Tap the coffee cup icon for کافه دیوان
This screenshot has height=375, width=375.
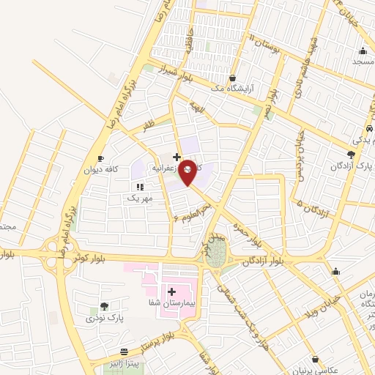101,158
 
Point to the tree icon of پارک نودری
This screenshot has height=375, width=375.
104,306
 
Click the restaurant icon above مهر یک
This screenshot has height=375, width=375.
140,187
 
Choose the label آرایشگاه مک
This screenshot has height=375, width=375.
231,89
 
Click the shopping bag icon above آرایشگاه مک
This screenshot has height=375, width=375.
232,77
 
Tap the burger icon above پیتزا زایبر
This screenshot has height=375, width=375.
125,352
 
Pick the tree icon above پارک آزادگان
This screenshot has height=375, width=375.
351,155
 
